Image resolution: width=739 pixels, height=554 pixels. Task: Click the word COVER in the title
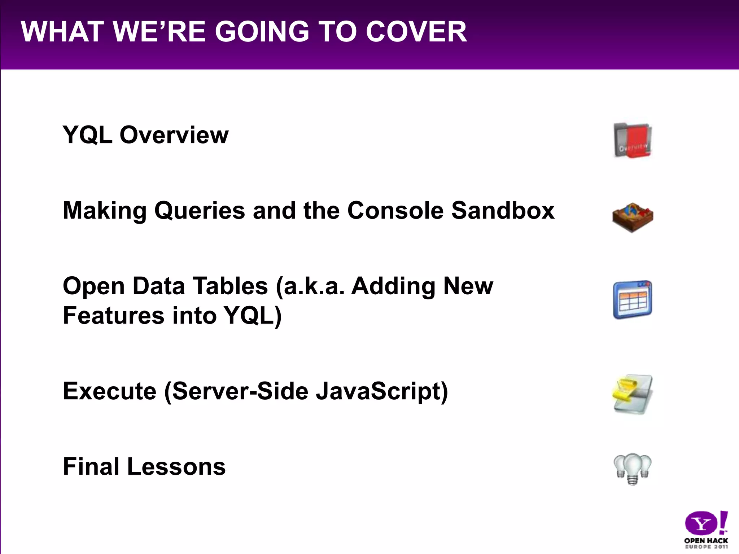tap(416, 32)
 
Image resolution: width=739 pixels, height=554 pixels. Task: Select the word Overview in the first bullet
tap(174, 135)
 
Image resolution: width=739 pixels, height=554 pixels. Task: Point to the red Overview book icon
tap(633, 141)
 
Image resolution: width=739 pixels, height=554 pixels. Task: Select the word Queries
tap(200, 210)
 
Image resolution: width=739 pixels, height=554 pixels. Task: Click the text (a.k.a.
tap(310, 286)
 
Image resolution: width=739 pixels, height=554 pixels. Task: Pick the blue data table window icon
tap(633, 300)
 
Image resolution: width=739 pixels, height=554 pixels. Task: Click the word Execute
tap(109, 391)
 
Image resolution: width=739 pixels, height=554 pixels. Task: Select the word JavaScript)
tap(382, 391)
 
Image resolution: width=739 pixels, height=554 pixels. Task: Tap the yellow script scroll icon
tap(633, 394)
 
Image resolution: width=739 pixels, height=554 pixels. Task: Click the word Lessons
tap(176, 467)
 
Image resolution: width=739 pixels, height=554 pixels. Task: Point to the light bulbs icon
tap(633, 469)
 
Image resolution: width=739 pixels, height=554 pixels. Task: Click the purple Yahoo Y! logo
tap(706, 523)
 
